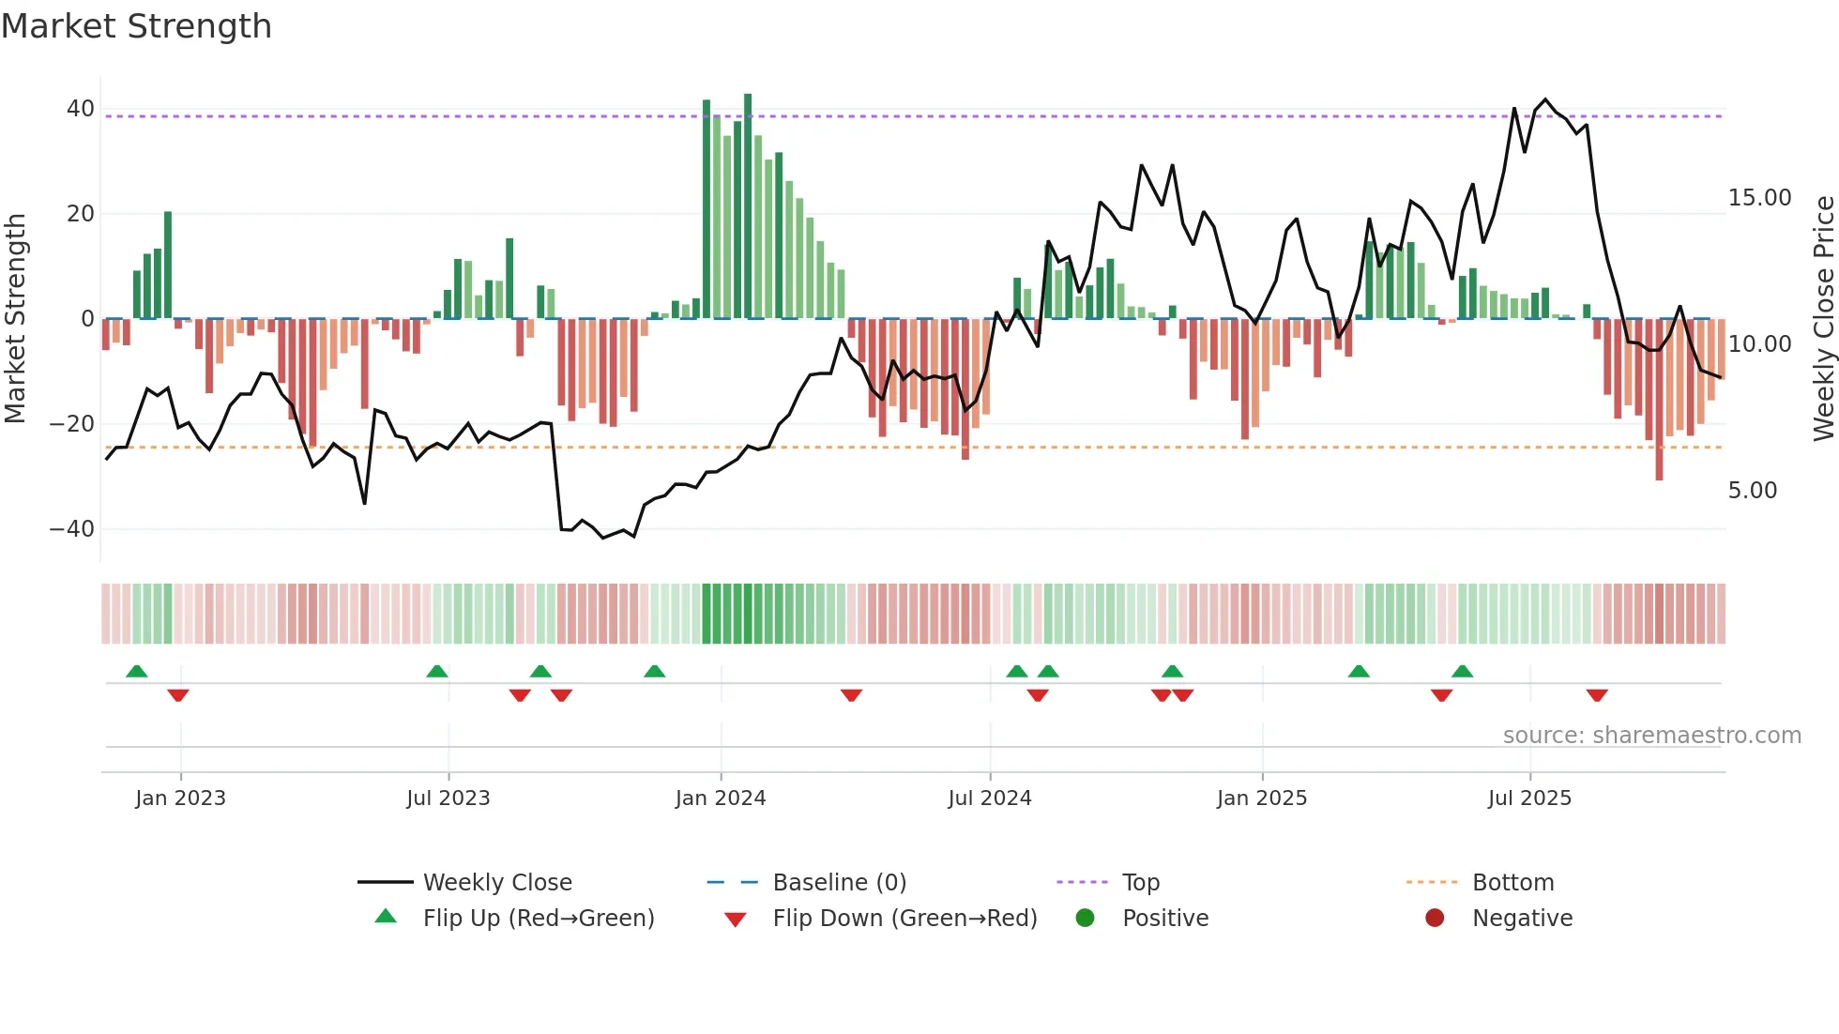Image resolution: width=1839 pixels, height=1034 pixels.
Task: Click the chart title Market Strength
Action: (136, 26)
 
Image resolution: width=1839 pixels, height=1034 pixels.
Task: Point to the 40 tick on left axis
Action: (81, 109)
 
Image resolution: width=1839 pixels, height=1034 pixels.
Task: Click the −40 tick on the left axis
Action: (73, 529)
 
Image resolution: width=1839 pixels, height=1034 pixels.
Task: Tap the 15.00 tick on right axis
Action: (1759, 198)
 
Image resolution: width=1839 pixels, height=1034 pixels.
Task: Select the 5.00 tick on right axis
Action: (1752, 491)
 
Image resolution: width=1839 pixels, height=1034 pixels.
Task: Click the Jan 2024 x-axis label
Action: (720, 798)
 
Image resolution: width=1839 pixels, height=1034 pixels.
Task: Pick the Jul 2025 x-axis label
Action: (1528, 798)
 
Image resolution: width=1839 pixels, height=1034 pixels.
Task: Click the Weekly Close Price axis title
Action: (1823, 319)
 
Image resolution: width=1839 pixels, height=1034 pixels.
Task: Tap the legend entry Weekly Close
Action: (496, 883)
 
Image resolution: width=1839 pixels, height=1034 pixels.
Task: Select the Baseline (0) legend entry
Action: (839, 883)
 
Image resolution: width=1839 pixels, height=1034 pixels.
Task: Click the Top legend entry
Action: (1140, 883)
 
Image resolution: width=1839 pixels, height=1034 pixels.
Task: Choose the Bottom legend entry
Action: (1512, 883)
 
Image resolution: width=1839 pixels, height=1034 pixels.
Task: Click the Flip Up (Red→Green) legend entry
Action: (538, 919)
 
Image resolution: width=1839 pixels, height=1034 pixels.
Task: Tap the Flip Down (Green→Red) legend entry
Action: (904, 919)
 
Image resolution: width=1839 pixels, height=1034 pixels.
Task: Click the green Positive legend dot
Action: (1085, 919)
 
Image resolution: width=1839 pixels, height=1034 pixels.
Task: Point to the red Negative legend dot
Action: (1434, 919)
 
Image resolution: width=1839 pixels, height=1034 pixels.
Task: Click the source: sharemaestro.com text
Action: (1651, 736)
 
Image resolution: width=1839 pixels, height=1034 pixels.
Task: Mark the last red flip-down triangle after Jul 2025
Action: (1597, 695)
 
